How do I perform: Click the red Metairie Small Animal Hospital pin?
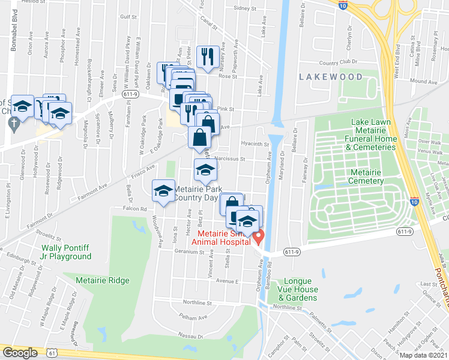(258, 238)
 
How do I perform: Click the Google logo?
(20, 353)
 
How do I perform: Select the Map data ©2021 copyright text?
(423, 355)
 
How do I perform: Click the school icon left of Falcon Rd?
(161, 191)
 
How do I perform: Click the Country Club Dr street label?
(338, 62)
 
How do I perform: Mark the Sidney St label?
(245, 8)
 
